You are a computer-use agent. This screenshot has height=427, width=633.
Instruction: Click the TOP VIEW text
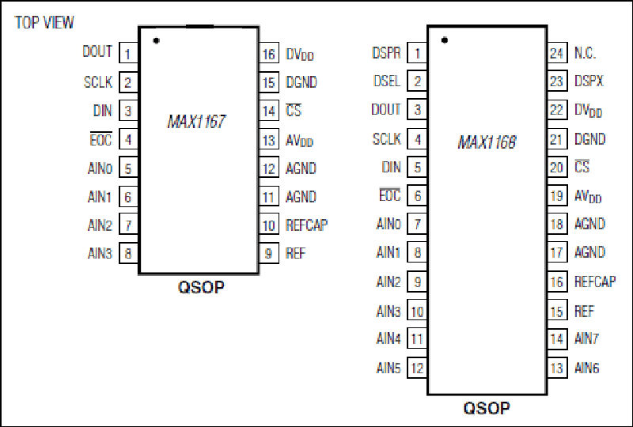click(x=44, y=23)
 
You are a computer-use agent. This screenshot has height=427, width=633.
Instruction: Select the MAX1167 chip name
click(x=196, y=122)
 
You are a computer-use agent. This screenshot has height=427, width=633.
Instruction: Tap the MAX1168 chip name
click(x=487, y=142)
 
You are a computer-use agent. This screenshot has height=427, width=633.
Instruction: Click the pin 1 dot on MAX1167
click(x=156, y=40)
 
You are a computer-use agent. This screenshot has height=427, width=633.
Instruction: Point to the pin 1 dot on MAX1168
click(x=445, y=40)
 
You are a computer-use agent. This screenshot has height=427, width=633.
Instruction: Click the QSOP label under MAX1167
click(x=201, y=287)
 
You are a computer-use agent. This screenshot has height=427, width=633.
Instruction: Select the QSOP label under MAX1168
click(x=487, y=408)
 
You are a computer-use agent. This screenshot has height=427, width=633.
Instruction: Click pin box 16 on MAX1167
click(x=268, y=54)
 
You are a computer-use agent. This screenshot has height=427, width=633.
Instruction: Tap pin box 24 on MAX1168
click(x=557, y=53)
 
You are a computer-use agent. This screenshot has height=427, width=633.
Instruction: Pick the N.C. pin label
click(x=585, y=53)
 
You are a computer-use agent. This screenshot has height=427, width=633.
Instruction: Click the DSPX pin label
click(x=589, y=81)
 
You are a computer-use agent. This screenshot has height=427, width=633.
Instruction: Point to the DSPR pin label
click(x=386, y=53)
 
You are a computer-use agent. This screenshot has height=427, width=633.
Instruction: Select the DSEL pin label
click(x=387, y=81)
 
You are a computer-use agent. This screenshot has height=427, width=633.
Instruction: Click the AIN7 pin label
click(x=586, y=338)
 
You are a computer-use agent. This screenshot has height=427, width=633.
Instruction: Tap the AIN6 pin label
click(x=586, y=368)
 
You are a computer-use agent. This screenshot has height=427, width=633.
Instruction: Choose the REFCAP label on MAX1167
click(x=306, y=225)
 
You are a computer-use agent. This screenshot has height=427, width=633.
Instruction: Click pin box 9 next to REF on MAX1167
click(x=268, y=254)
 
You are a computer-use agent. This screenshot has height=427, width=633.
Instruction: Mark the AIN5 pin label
click(x=389, y=368)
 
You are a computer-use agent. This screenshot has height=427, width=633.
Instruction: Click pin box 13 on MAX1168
click(x=557, y=368)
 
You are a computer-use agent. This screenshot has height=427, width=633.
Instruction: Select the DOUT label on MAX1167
click(x=97, y=51)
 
